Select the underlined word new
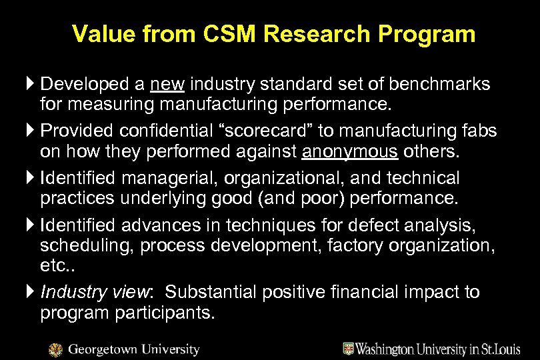click(x=169, y=85)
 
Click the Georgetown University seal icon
click(x=57, y=349)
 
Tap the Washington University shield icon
click(x=348, y=348)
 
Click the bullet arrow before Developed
click(x=31, y=85)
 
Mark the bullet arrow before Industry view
click(x=31, y=293)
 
